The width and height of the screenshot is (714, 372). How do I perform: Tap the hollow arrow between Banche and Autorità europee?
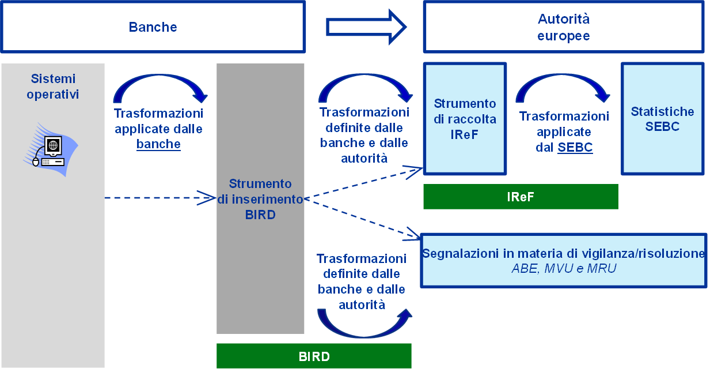tap(366, 27)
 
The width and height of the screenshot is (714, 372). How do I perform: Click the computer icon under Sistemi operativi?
tap(51, 149)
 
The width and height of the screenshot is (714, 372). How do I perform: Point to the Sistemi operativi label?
tap(53, 87)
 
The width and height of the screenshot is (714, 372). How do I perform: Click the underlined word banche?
tap(158, 144)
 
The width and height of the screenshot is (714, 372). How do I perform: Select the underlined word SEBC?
tap(575, 147)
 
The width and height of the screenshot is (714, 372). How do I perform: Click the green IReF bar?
tap(521, 197)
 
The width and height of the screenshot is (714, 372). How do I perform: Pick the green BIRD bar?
tap(314, 356)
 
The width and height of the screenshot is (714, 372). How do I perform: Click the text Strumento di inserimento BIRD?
tap(260, 199)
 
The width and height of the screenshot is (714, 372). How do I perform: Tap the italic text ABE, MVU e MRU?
tap(564, 269)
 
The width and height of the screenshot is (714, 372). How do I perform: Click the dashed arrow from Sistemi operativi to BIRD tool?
tap(160, 198)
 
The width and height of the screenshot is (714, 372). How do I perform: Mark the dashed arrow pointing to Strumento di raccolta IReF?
tap(363, 183)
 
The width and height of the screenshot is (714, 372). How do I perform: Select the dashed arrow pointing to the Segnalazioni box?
tap(363, 219)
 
